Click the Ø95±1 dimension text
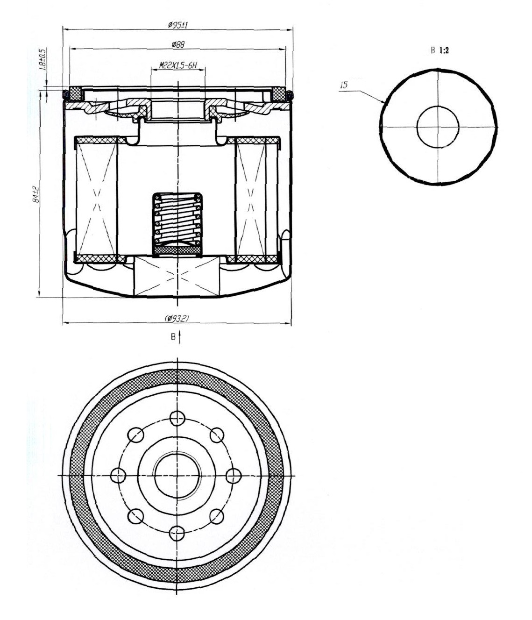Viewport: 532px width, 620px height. click(178, 25)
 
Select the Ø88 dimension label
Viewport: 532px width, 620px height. click(178, 45)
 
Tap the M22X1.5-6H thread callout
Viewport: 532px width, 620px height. click(178, 65)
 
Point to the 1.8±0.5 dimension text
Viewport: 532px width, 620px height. click(43, 59)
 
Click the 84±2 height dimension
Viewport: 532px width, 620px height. click(36, 194)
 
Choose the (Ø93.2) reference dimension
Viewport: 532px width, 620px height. click(177, 318)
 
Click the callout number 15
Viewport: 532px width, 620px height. click(344, 85)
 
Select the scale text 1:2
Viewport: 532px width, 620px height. click(444, 50)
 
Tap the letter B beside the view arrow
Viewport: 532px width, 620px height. click(173, 337)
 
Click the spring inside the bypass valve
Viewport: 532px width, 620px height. click(177, 220)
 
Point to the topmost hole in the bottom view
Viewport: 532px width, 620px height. click(177, 417)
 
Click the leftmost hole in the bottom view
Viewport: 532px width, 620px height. click(118, 475)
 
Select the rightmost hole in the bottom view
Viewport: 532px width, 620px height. click(234, 475)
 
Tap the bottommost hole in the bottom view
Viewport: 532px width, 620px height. click(177, 533)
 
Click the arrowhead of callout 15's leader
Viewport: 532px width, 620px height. click(384, 103)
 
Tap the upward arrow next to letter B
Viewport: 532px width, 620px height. click(179, 337)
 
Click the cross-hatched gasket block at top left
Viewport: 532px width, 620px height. click(76, 94)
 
